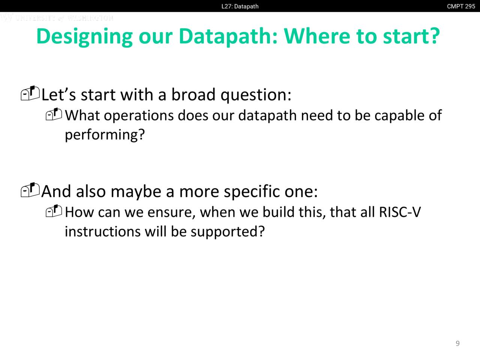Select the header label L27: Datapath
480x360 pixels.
[240, 6]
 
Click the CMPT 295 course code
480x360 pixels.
[461, 6]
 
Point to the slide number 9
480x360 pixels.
[457, 343]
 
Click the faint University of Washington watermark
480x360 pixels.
[57, 18]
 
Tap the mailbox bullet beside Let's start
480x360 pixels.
[30, 93]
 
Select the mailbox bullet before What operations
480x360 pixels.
[54, 114]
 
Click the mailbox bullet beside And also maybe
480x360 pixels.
[30, 190]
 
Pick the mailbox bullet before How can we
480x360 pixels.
[54, 211]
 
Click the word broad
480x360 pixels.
[193, 94]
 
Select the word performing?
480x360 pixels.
[105, 135]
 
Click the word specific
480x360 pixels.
[252, 192]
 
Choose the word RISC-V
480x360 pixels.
[400, 212]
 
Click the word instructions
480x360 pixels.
[102, 231]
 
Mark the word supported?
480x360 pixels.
[228, 232]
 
